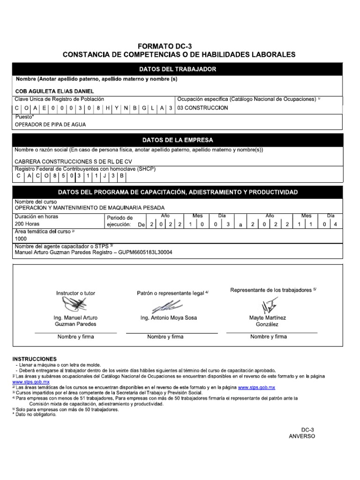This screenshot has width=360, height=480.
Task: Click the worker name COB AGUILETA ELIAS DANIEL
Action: pos(54,91)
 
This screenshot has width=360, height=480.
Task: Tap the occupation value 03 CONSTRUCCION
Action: pos(202,108)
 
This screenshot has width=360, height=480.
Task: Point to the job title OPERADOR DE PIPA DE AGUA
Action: pos(51,125)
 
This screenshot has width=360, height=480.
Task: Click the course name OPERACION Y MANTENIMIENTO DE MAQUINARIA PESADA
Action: pos(90,207)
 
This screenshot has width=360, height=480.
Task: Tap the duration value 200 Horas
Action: pos(27,225)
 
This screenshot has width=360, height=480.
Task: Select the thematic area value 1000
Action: pos(21,239)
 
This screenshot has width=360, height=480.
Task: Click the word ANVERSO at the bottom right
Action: pos(302,436)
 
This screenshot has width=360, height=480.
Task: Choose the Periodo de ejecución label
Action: pos(120,221)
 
